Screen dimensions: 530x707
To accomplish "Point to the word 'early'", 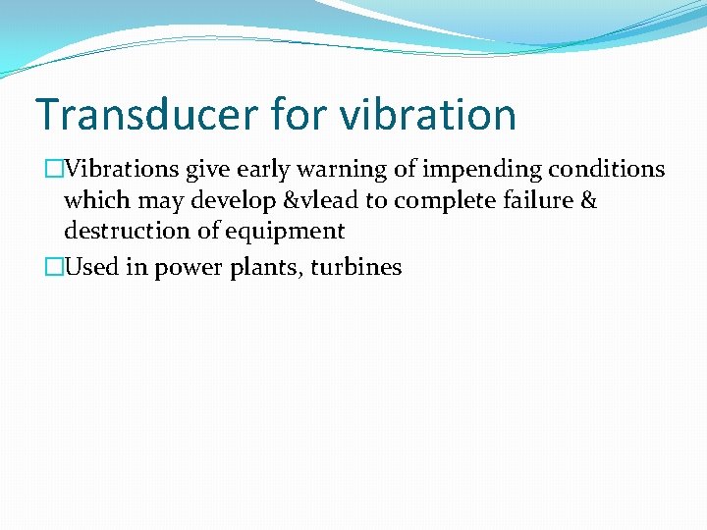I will tap(263, 169).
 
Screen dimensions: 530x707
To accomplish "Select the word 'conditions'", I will tap(606, 169).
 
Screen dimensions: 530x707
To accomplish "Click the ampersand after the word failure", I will tap(587, 200).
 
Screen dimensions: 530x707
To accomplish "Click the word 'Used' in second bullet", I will tap(91, 267).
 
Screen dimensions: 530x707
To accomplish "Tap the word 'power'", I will tap(185, 267).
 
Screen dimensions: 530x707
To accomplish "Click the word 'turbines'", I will tap(355, 267).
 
